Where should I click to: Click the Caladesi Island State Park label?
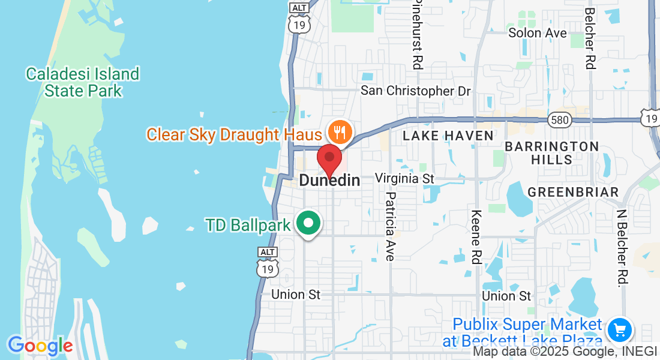[83, 82]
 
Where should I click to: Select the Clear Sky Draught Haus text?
[234, 134]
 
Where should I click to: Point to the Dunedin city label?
[329, 180]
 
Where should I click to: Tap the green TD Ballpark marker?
[309, 224]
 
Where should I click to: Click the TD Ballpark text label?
[248, 225]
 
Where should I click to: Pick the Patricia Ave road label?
[391, 226]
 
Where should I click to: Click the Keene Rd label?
[477, 236]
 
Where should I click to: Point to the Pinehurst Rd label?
[418, 33]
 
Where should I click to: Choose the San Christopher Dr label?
[415, 91]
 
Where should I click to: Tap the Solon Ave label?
[537, 32]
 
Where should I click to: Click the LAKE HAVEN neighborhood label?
[448, 136]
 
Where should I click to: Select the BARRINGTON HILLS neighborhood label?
[551, 153]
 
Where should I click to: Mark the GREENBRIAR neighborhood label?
[572, 192]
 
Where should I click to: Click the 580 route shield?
[559, 121]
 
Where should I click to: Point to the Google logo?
[40, 346]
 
